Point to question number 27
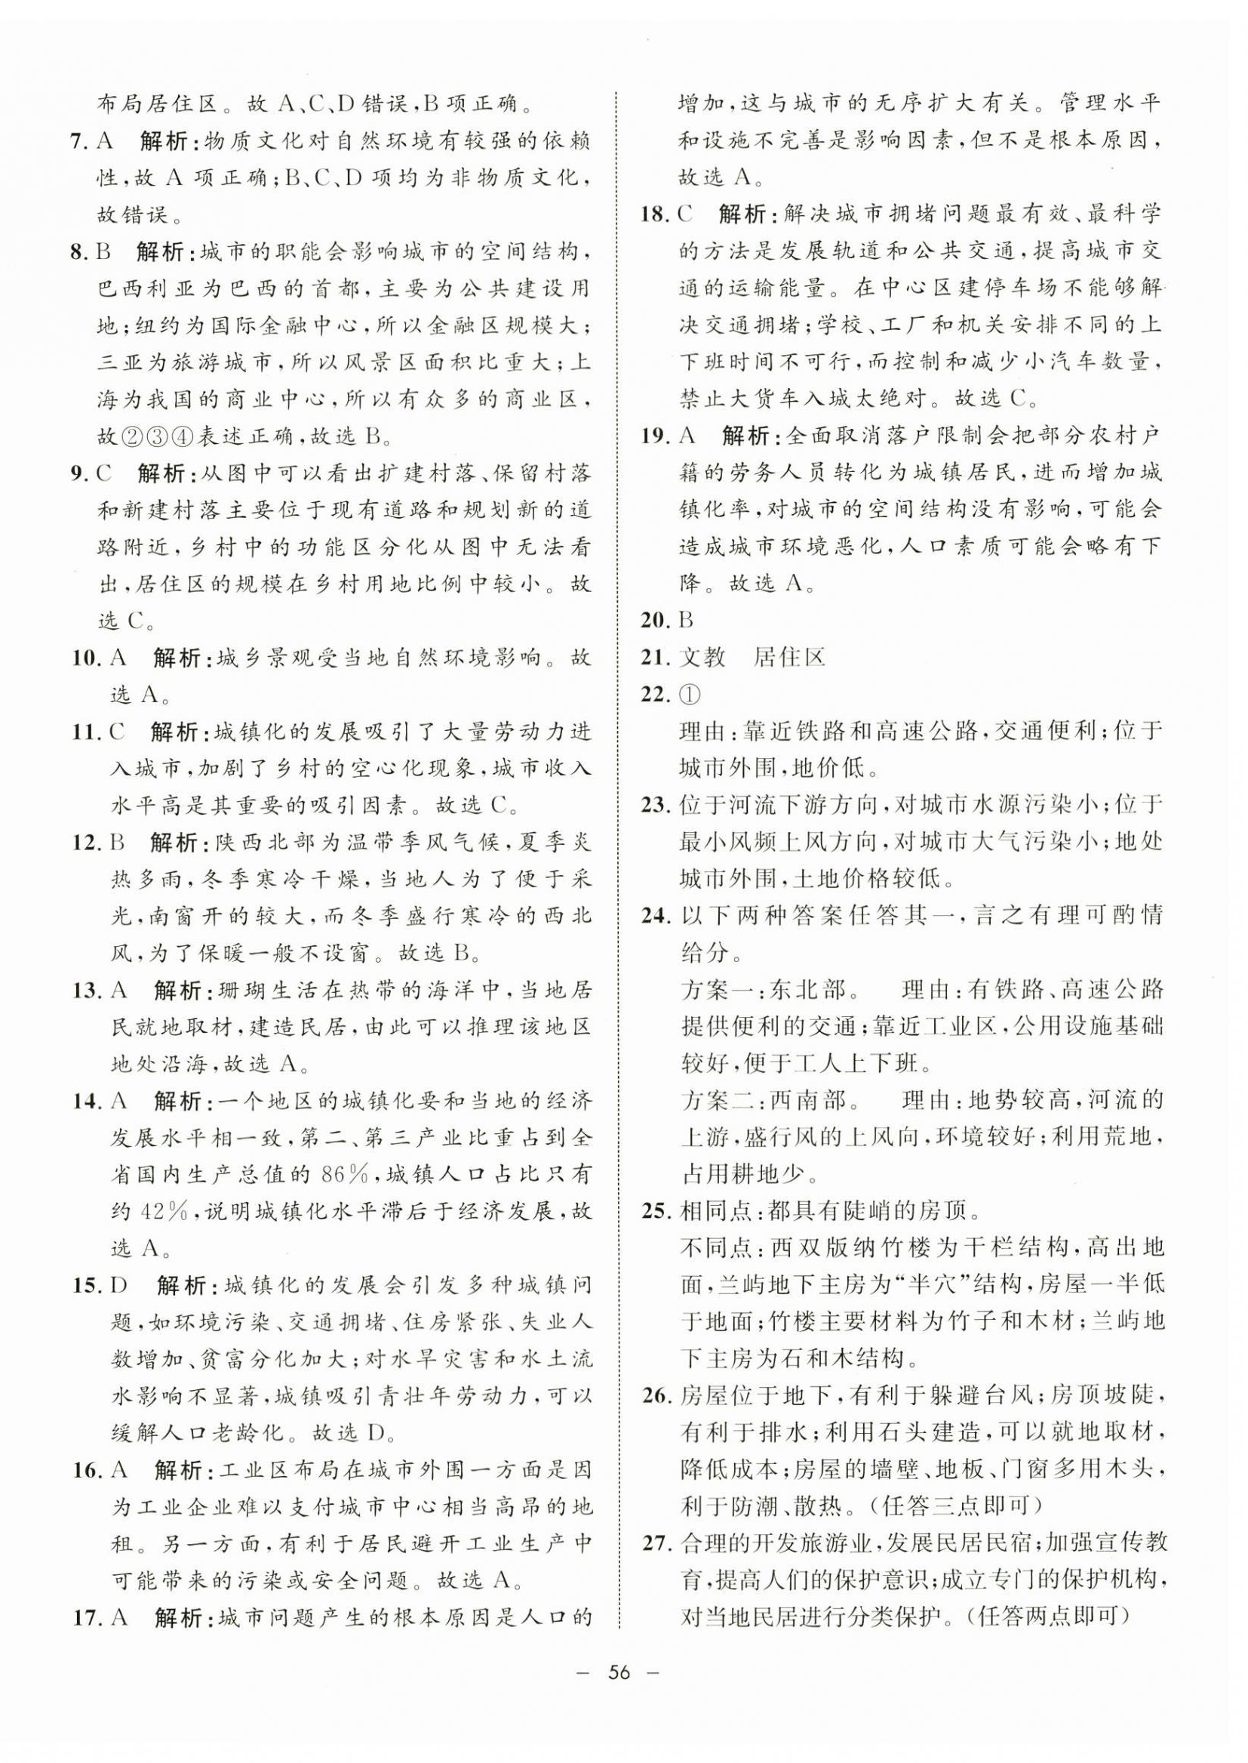(x=656, y=1543)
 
